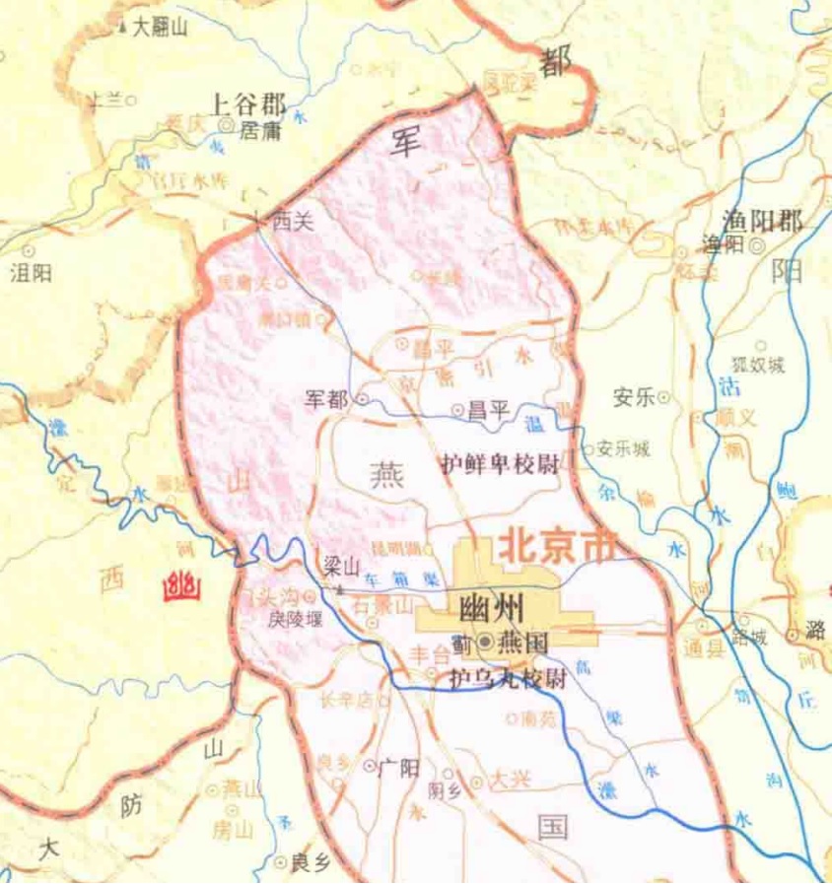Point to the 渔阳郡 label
click(x=762, y=221)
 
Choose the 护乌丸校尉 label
click(x=507, y=679)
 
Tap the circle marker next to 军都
click(x=361, y=400)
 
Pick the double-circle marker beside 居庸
click(x=227, y=126)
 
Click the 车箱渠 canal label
click(x=388, y=581)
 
